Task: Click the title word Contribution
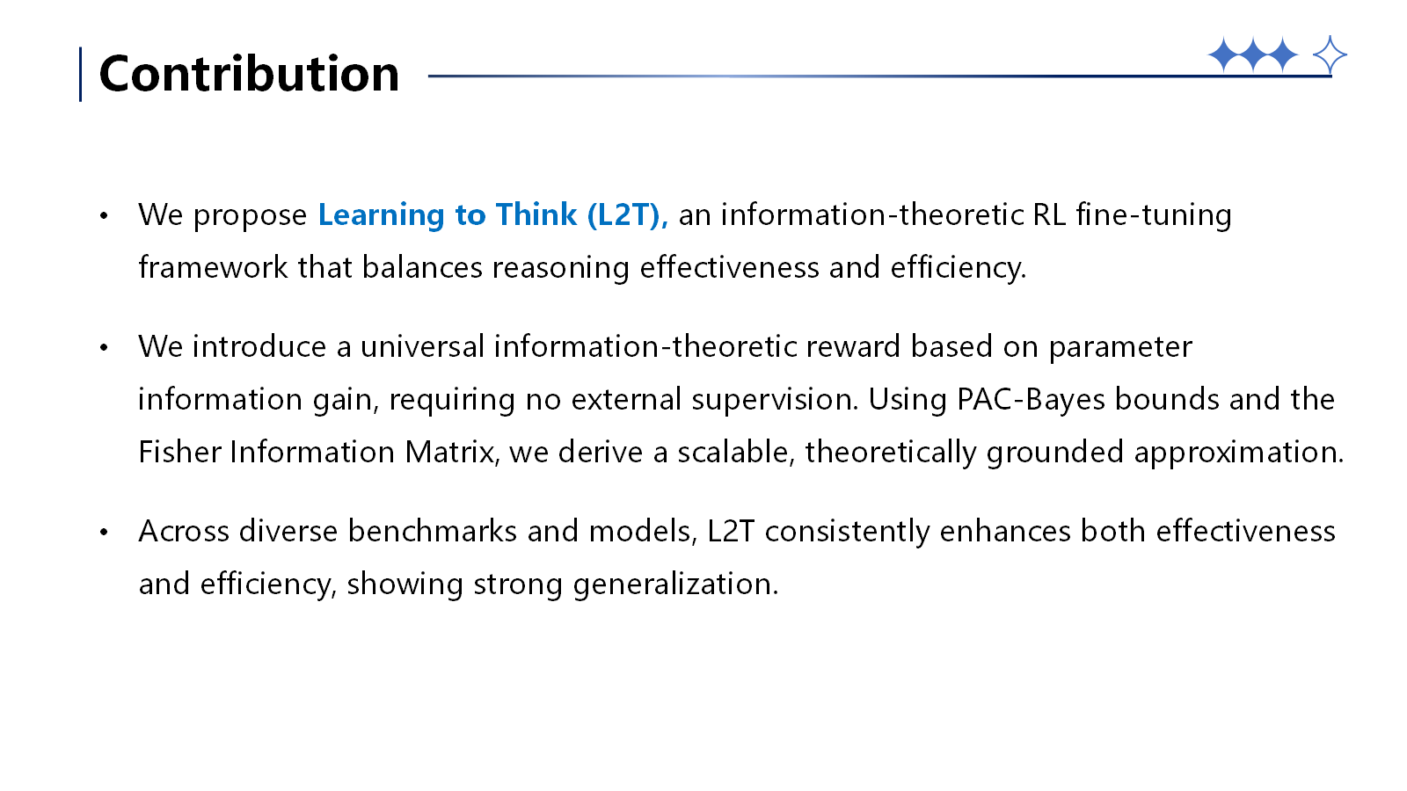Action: [249, 74]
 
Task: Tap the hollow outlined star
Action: [1329, 55]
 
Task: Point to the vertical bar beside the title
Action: [81, 74]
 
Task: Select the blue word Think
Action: [536, 214]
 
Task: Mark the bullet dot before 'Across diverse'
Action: [104, 532]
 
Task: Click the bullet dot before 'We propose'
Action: [104, 215]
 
